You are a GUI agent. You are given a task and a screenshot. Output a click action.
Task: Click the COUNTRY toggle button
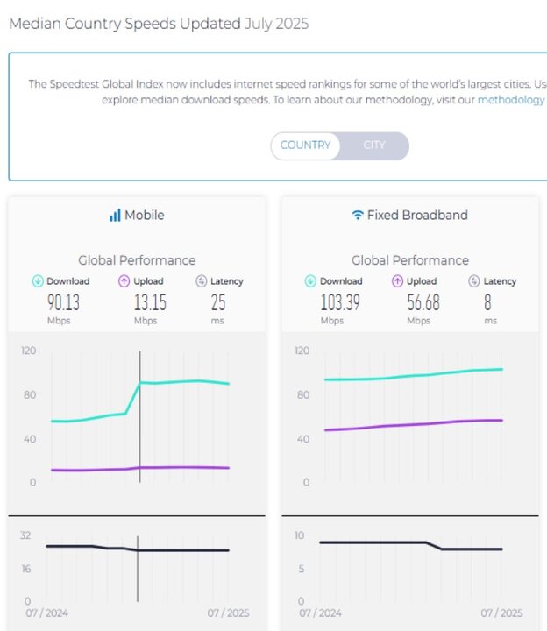(305, 145)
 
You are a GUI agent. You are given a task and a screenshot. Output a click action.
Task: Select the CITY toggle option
(374, 145)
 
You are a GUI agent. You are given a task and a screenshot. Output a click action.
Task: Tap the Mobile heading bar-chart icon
(115, 216)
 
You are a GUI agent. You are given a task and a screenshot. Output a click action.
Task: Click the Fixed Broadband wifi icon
(357, 216)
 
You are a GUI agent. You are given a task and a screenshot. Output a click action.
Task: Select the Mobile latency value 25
(218, 302)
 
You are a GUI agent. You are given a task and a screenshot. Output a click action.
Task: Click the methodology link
(511, 100)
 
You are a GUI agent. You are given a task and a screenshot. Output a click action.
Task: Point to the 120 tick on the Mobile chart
(28, 351)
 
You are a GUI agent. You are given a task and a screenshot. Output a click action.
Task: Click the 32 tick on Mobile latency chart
(25, 535)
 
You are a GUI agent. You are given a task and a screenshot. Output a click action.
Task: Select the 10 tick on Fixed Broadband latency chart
(299, 535)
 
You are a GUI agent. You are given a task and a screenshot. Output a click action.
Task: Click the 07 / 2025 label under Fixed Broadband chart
(501, 613)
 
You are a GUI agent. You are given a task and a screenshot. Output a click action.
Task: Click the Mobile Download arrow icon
(38, 281)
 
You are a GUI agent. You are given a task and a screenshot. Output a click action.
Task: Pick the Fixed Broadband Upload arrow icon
(397, 281)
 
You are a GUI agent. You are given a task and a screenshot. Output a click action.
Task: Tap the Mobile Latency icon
(202, 281)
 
